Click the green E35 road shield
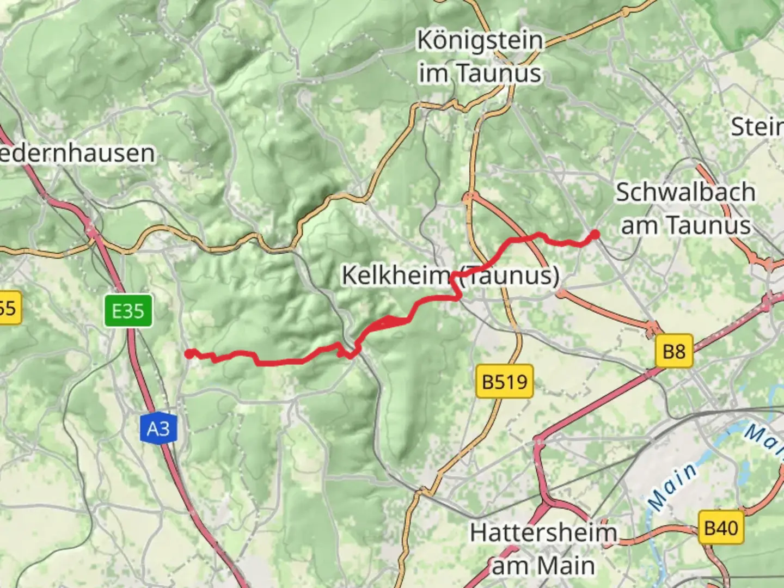[x=128, y=311]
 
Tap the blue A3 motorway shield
[x=158, y=429]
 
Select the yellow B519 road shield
[x=505, y=382]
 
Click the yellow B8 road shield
[x=673, y=351]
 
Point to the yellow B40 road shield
[x=721, y=528]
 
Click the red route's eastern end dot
[x=595, y=235]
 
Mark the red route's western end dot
[x=188, y=354]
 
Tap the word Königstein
[x=480, y=41]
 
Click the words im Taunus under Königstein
[x=480, y=73]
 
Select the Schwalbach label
[x=685, y=192]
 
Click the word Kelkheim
[x=395, y=275]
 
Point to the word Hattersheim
[x=543, y=532]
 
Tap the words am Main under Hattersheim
[x=543, y=566]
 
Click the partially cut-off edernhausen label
[x=77, y=153]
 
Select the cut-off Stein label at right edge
[x=757, y=127]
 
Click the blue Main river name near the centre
[x=673, y=486]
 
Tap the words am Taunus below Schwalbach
[x=685, y=225]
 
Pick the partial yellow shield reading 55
[x=9, y=308]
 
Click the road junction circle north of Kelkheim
[x=469, y=197]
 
